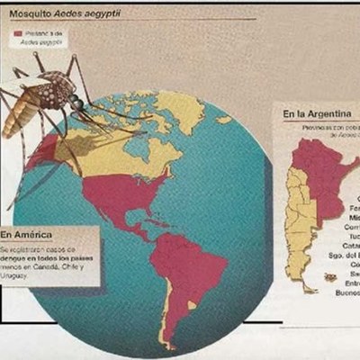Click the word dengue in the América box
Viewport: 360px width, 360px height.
17,257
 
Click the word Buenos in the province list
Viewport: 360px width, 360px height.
346,292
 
